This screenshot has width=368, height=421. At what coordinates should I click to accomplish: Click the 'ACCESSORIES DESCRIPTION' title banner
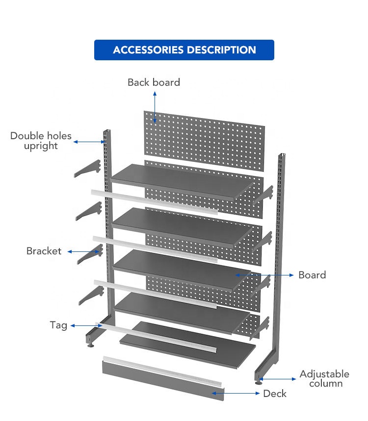pyautogui.click(x=184, y=50)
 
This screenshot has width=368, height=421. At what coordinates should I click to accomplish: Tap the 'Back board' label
pyautogui.click(x=154, y=82)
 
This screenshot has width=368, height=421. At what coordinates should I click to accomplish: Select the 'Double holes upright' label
pyautogui.click(x=41, y=141)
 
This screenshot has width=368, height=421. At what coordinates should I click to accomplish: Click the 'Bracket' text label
pyautogui.click(x=44, y=251)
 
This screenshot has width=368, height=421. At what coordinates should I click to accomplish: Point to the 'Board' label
pyautogui.click(x=312, y=275)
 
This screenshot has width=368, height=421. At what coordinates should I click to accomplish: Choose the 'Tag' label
pyautogui.click(x=58, y=325)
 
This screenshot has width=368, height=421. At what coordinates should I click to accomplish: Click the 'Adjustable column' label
pyautogui.click(x=324, y=378)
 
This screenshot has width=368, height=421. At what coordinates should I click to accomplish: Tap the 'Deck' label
pyautogui.click(x=275, y=394)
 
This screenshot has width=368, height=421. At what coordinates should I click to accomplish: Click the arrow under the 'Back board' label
pyautogui.click(x=155, y=107)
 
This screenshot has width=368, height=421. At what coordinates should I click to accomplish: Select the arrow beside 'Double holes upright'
pyautogui.click(x=89, y=142)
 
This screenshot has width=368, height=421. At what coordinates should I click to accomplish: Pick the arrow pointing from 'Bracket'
pyautogui.click(x=83, y=251)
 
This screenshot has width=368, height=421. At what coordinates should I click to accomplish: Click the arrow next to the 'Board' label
pyautogui.click(x=264, y=275)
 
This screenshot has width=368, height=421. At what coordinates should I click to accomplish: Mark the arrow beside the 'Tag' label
pyautogui.click(x=86, y=326)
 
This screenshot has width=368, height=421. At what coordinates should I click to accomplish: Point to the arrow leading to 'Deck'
pyautogui.click(x=236, y=393)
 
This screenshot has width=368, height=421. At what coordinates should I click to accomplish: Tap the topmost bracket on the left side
pyautogui.click(x=88, y=168)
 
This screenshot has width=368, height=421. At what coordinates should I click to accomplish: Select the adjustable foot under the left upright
pyautogui.click(x=91, y=345)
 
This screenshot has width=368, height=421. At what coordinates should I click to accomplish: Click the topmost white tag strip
pyautogui.click(x=154, y=202)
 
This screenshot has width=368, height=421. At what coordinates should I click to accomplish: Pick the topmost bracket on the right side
pyautogui.click(x=263, y=195)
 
